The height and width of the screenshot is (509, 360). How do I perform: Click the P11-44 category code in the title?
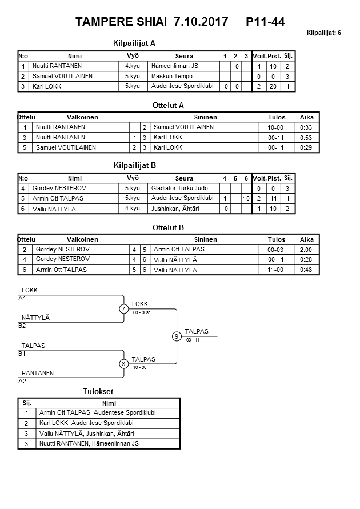coord(265,22)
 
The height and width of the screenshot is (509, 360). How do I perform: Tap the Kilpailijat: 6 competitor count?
coord(323,33)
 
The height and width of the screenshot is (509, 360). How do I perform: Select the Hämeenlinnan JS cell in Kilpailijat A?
coord(174,66)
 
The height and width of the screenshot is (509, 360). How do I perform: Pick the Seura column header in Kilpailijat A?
coord(184,56)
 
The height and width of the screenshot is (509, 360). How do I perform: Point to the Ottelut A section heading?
coord(169,105)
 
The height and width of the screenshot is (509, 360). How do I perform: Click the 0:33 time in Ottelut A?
coord(307,127)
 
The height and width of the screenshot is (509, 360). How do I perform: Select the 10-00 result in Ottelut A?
coord(277,127)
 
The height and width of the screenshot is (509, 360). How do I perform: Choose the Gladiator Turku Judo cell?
coord(179,188)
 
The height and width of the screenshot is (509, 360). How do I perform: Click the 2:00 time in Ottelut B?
coord(307,250)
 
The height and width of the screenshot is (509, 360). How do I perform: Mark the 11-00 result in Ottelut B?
coord(277,270)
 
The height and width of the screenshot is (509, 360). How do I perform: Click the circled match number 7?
coord(123,309)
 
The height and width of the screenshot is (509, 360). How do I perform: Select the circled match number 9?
coord(177,336)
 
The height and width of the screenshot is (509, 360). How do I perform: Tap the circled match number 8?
coord(123,363)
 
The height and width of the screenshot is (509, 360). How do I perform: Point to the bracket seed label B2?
coord(22,326)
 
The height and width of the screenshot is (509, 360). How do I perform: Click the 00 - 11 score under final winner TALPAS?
coord(193,340)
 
